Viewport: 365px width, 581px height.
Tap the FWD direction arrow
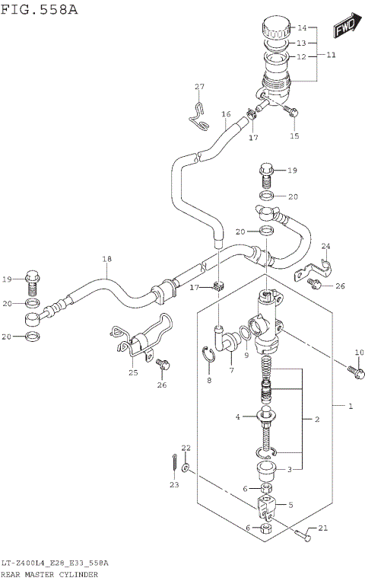click(x=345, y=28)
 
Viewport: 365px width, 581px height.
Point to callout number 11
click(x=330, y=56)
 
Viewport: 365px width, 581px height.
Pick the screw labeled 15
click(x=293, y=113)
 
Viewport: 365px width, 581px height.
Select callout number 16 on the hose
click(x=225, y=114)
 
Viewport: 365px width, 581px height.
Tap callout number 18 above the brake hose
click(x=107, y=260)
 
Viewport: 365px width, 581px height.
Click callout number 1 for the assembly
click(x=351, y=407)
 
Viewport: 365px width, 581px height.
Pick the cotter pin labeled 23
click(x=174, y=462)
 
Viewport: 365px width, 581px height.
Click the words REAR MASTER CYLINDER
click(x=49, y=574)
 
